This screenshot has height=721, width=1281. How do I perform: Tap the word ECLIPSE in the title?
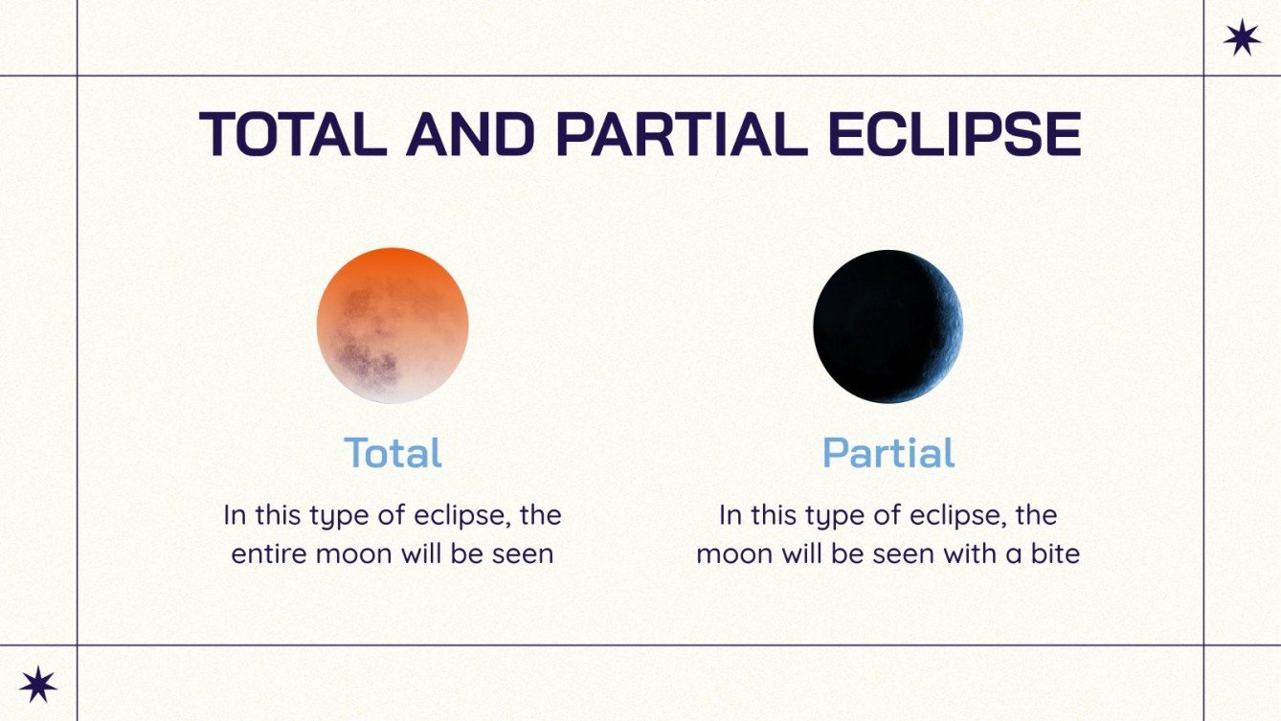click(954, 135)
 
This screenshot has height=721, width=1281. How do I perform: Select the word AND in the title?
click(470, 135)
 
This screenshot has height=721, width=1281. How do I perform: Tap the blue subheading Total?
click(393, 453)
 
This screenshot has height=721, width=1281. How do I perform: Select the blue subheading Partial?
click(888, 453)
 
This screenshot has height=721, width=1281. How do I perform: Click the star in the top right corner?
click(1242, 38)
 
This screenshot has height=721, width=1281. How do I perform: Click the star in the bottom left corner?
click(38, 684)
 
